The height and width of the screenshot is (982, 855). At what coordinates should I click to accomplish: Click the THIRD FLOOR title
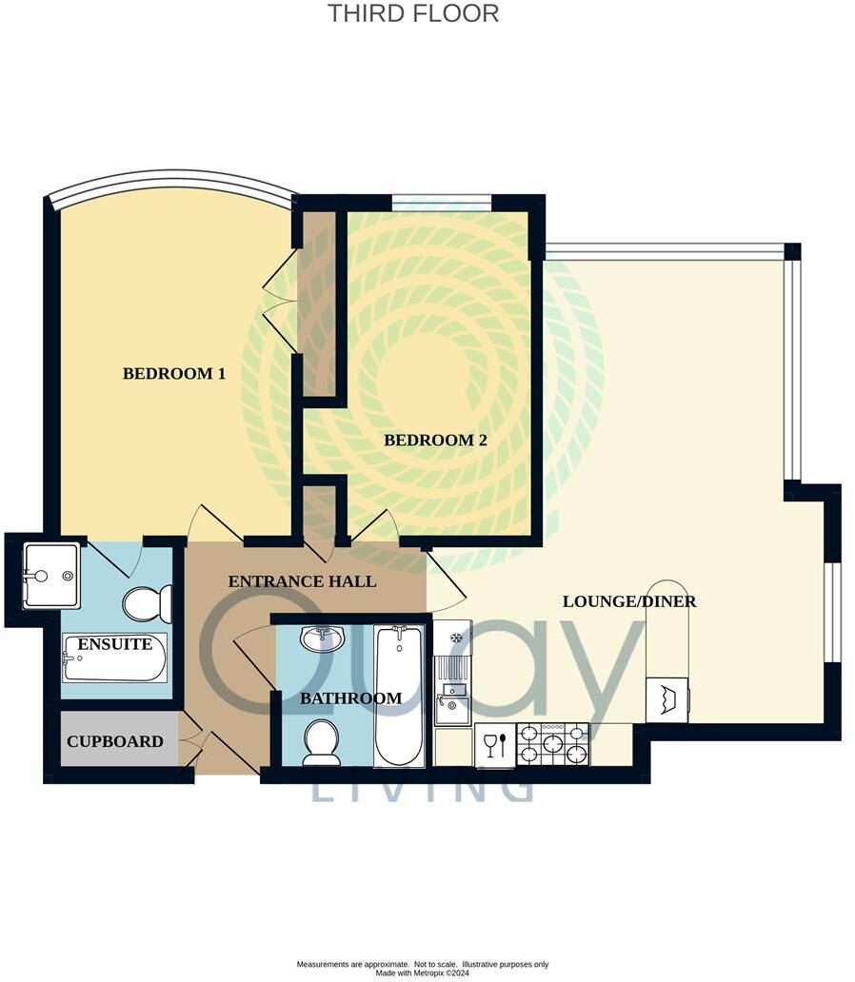click(x=413, y=13)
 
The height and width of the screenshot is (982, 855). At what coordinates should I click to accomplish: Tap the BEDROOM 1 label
click(x=174, y=373)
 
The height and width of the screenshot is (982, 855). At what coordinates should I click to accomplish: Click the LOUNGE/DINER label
click(x=629, y=600)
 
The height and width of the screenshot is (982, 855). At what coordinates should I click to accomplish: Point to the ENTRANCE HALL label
click(x=302, y=580)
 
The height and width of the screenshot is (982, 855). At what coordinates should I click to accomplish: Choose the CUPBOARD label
click(x=114, y=740)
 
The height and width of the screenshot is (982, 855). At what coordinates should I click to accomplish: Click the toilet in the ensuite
click(x=147, y=603)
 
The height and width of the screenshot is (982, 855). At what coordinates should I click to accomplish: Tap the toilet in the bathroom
click(x=321, y=741)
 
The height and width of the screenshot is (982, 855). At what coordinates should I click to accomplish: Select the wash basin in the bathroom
click(x=322, y=638)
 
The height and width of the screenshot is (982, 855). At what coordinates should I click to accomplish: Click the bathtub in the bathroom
click(x=399, y=695)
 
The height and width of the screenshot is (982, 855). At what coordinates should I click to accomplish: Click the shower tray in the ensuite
click(x=50, y=575)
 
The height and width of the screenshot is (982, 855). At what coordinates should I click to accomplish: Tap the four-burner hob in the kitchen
click(x=552, y=744)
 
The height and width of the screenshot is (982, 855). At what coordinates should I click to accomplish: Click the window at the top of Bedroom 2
click(x=441, y=202)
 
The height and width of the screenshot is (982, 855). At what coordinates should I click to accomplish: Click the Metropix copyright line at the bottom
click(x=422, y=972)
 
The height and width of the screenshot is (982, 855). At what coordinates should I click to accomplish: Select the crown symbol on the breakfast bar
click(x=666, y=699)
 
